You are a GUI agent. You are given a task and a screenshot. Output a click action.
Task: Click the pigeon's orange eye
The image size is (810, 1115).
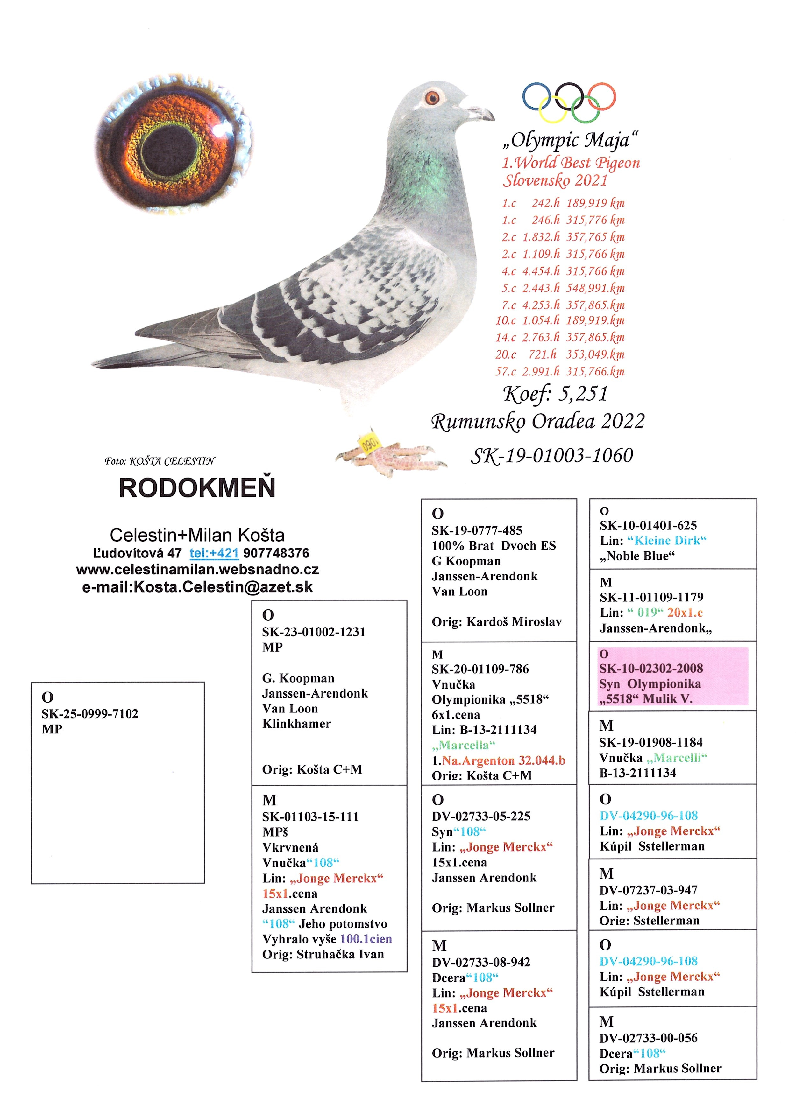pyautogui.click(x=432, y=98)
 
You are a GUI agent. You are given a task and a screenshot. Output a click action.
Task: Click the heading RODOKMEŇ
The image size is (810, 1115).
pyautogui.click(x=197, y=488)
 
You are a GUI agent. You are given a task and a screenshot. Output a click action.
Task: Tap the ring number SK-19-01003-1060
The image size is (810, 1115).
pyautogui.click(x=552, y=455)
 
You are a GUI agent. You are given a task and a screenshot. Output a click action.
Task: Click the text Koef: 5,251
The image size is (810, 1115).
pyautogui.click(x=555, y=393)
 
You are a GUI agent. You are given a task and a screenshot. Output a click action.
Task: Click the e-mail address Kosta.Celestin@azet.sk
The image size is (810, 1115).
pyautogui.click(x=197, y=586)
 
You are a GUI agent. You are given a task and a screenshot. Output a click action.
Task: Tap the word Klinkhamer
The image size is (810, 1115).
pyautogui.click(x=296, y=724)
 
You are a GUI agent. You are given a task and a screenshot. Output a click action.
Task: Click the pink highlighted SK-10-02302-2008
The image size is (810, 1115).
pyautogui.click(x=651, y=668)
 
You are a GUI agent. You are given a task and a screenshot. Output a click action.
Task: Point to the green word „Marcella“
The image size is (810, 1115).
pyautogui.click(x=464, y=745)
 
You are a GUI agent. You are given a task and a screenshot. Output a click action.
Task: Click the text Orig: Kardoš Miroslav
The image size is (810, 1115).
pyautogui.click(x=497, y=622)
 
